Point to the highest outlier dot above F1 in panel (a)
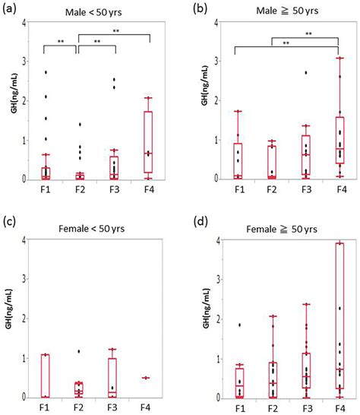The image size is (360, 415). tap(46, 72)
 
